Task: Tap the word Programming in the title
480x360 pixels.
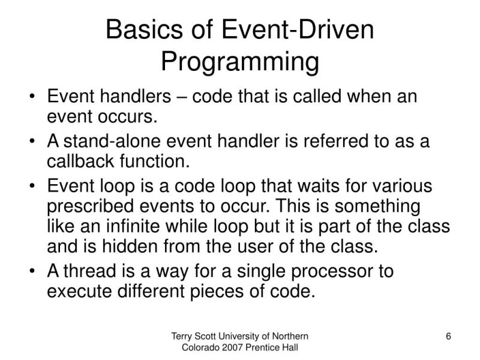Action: (x=240, y=62)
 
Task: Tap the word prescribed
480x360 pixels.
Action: (x=90, y=206)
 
